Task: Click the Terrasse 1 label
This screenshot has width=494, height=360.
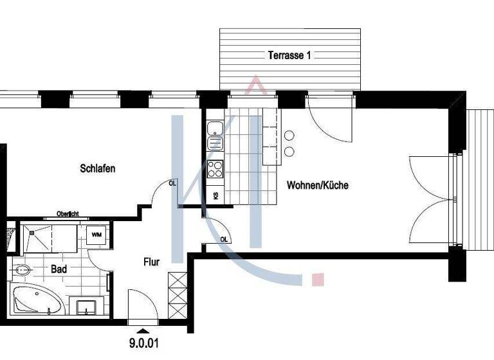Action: click(289, 55)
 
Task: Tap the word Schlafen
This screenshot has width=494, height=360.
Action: click(98, 168)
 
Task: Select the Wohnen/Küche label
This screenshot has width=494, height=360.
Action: click(317, 185)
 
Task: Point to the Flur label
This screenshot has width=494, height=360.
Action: click(151, 262)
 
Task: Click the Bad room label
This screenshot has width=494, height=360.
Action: click(59, 269)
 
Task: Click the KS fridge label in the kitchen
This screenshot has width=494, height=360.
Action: click(215, 195)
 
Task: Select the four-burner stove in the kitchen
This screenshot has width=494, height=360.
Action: click(215, 169)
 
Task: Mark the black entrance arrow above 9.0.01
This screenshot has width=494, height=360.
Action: click(143, 331)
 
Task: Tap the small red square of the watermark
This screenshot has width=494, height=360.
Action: click(316, 279)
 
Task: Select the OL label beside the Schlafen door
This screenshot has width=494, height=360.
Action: click(172, 183)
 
